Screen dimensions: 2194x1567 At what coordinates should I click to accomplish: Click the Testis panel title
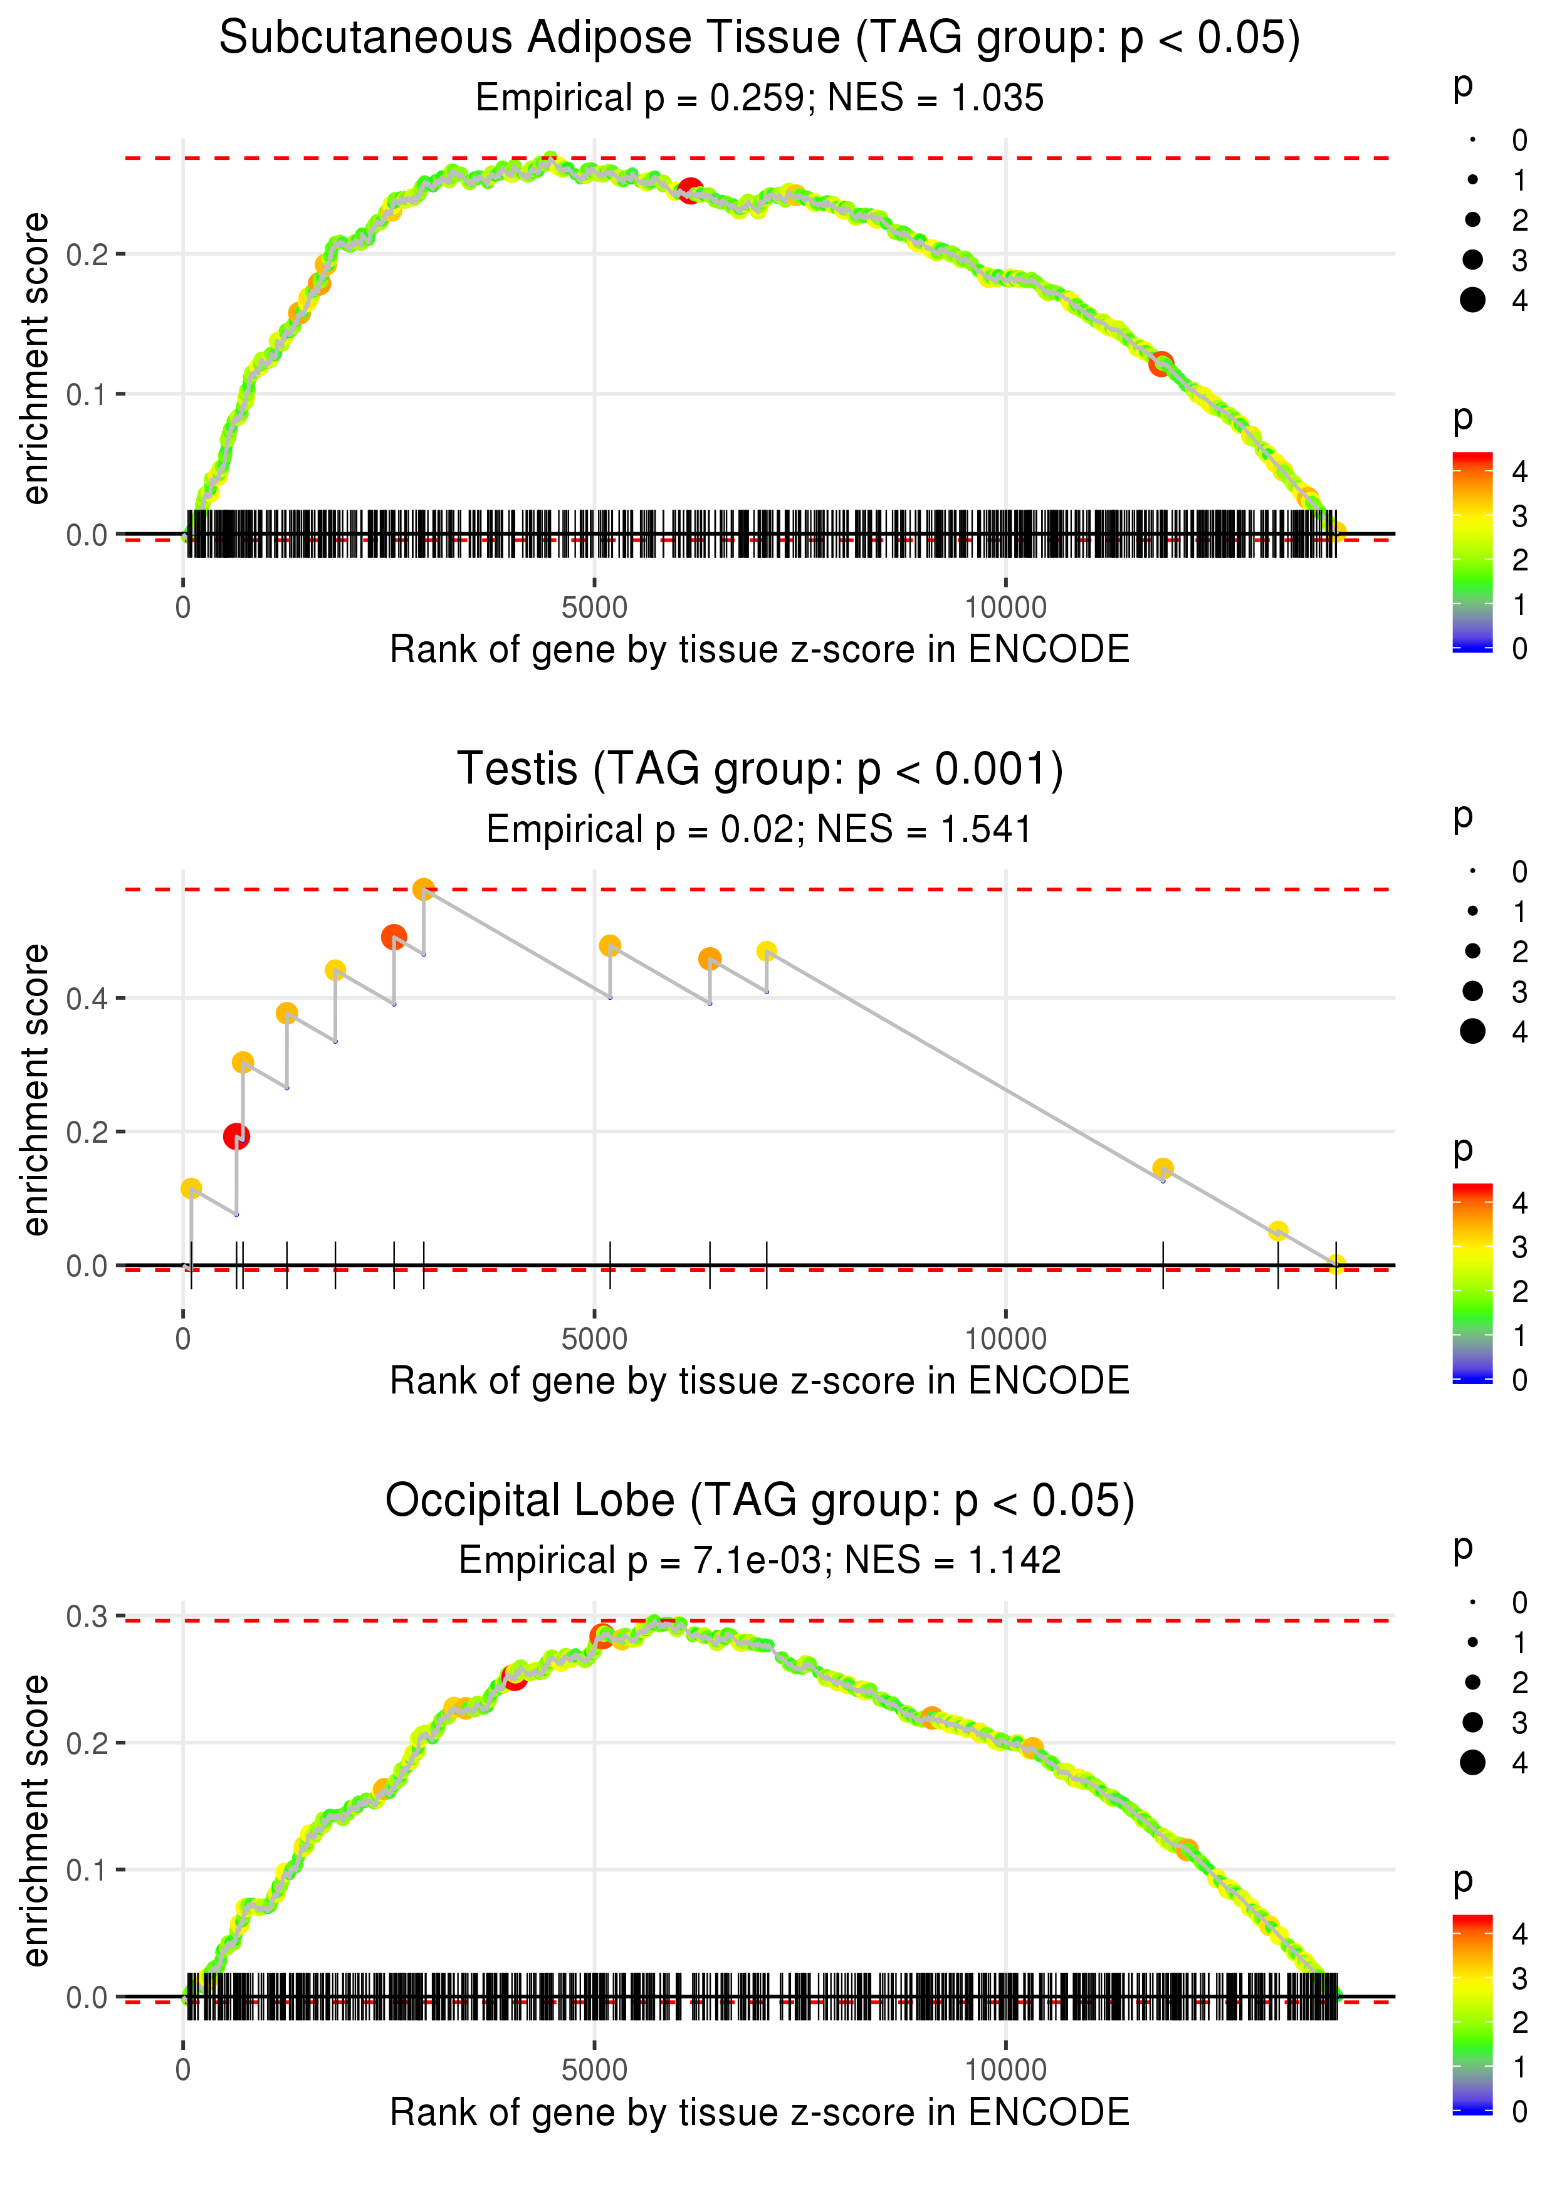(x=760, y=770)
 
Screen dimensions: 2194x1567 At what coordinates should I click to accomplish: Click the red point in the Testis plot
(x=236, y=1136)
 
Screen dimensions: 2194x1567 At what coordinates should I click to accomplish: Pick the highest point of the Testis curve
(x=424, y=890)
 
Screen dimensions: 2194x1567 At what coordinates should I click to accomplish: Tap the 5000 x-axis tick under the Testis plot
(x=594, y=1339)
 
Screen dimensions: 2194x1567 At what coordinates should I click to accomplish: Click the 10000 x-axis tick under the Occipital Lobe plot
(x=1005, y=2069)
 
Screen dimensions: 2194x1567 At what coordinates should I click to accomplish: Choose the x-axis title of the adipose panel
(x=760, y=650)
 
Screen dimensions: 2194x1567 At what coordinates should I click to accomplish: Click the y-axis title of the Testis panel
(x=36, y=1090)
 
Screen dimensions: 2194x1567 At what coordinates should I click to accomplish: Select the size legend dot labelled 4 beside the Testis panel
(x=1472, y=1031)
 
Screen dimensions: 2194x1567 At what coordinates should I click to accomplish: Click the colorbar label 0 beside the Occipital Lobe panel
(x=1520, y=2111)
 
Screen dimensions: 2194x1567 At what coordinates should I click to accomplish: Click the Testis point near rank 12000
(x=1163, y=1168)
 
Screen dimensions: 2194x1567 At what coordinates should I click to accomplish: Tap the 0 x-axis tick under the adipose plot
(x=183, y=609)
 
